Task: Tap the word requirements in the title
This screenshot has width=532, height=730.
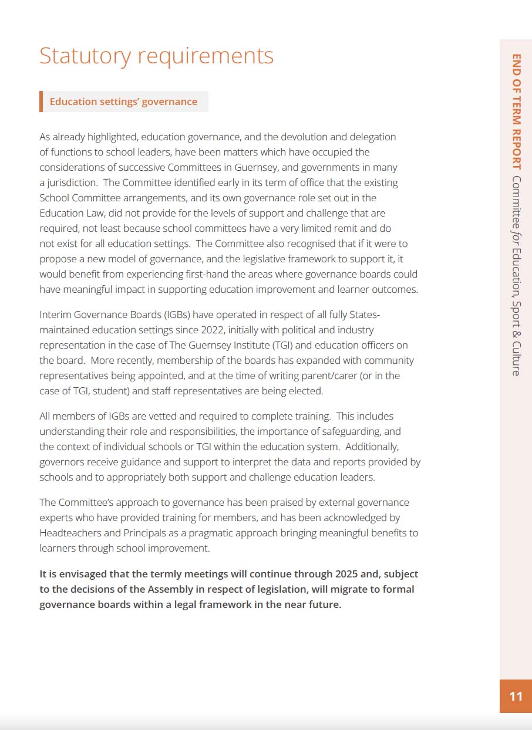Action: click(x=206, y=56)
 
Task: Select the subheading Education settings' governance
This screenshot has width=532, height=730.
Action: click(x=123, y=102)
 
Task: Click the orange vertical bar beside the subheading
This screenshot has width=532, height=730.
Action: click(x=41, y=102)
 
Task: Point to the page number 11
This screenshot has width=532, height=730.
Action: click(x=516, y=697)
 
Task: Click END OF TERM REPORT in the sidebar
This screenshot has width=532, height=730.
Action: click(x=516, y=111)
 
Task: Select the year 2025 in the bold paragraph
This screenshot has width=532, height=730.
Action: click(x=349, y=574)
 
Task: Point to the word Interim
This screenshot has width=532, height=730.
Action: click(x=56, y=315)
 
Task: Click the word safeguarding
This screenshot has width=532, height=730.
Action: click(x=344, y=431)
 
